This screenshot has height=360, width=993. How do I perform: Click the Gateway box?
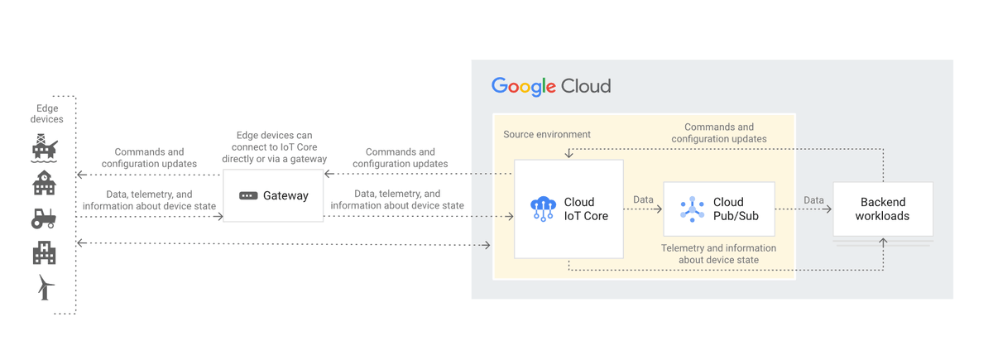pyautogui.click(x=273, y=196)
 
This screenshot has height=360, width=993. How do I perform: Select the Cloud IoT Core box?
pyautogui.click(x=568, y=209)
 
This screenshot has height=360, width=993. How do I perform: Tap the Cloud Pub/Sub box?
pyautogui.click(x=718, y=209)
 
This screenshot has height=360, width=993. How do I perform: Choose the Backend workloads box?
pyautogui.click(x=882, y=209)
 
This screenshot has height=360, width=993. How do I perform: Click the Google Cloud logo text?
pyautogui.click(x=551, y=86)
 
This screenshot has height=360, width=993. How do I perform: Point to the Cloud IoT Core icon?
pyautogui.click(x=543, y=209)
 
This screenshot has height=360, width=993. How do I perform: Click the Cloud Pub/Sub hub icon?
pyautogui.click(x=692, y=209)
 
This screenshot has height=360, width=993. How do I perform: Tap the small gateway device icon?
pyautogui.click(x=248, y=196)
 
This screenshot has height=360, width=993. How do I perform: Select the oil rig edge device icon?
pyautogui.click(x=45, y=148)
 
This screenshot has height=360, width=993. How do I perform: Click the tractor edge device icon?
pyautogui.click(x=44, y=218)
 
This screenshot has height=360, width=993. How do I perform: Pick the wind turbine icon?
pyautogui.click(x=46, y=287)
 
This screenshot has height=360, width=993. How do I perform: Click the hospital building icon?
pyautogui.click(x=44, y=252)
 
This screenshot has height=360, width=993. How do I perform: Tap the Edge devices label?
pyautogui.click(x=47, y=113)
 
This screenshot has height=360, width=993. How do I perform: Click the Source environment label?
pyautogui.click(x=547, y=134)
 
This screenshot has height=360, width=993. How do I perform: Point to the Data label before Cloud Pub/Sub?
pyautogui.click(x=643, y=199)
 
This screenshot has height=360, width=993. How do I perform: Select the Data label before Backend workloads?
pyautogui.click(x=813, y=199)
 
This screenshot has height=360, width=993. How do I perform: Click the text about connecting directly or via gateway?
pyautogui.click(x=274, y=146)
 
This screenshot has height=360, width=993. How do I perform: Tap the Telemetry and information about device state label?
pyautogui.click(x=718, y=253)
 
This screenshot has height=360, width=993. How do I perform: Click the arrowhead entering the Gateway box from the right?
pyautogui.click(x=329, y=174)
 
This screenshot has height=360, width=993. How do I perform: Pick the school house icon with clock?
pyautogui.click(x=44, y=183)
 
